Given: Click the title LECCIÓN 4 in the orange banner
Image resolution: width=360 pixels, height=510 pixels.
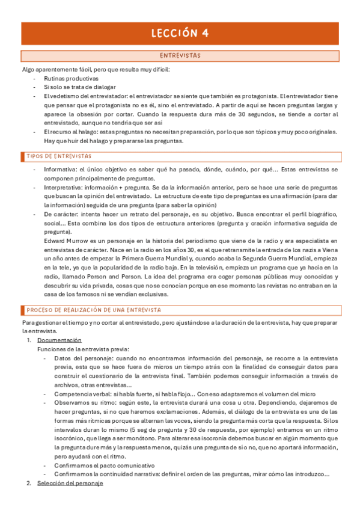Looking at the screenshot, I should point(180,34).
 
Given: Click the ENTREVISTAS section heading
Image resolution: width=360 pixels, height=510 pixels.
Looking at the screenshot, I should point(180,56).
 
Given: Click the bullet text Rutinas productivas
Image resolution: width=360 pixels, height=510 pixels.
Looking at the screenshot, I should point(71,79).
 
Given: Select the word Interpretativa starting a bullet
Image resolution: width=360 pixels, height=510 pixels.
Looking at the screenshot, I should point(61,188).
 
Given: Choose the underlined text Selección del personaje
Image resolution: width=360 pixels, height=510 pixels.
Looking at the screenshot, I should point(70,483).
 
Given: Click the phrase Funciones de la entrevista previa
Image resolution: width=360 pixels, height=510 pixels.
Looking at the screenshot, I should point(83,349).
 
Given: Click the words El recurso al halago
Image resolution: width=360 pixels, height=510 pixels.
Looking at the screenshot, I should point(70,132).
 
